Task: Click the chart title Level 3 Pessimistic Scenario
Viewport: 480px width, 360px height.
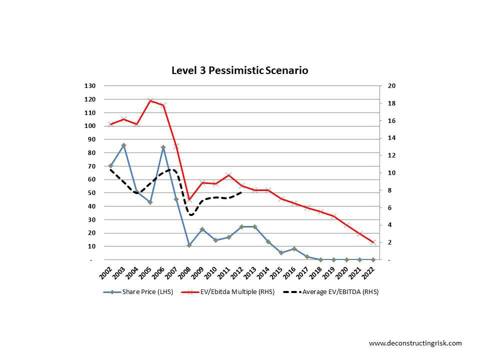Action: pyautogui.click(x=239, y=70)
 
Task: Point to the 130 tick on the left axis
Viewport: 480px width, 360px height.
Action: pyautogui.click(x=89, y=86)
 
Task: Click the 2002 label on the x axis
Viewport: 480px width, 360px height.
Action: pyautogui.click(x=106, y=272)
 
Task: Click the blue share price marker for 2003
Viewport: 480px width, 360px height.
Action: pyautogui.click(x=123, y=145)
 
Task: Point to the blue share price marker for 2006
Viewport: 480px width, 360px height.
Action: pyautogui.click(x=163, y=147)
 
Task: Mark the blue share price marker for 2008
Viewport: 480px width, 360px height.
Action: pyautogui.click(x=189, y=245)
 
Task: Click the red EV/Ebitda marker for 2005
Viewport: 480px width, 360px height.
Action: pyautogui.click(x=150, y=101)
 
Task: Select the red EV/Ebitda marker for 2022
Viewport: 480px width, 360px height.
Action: pyautogui.click(x=373, y=242)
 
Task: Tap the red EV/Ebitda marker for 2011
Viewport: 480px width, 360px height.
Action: pyautogui.click(x=228, y=175)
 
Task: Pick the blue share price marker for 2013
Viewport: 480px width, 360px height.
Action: pyautogui.click(x=255, y=226)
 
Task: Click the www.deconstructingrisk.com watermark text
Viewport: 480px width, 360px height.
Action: pyautogui.click(x=415, y=343)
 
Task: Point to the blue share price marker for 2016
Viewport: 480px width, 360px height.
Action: pyautogui.click(x=294, y=249)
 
